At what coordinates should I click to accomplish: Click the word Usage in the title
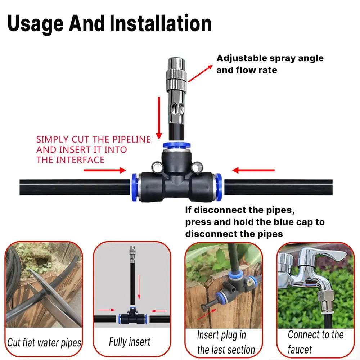coord(35,24)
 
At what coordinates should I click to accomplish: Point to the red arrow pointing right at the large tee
coord(104,170)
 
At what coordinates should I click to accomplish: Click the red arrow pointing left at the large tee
coord(254,170)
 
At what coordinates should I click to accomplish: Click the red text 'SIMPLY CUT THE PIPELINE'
coord(93,140)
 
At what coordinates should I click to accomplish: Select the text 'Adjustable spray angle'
coord(270,58)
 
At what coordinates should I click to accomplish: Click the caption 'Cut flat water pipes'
coord(44,342)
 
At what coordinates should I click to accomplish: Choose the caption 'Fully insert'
coord(130,342)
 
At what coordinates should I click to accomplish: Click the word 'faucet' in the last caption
coord(300,349)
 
